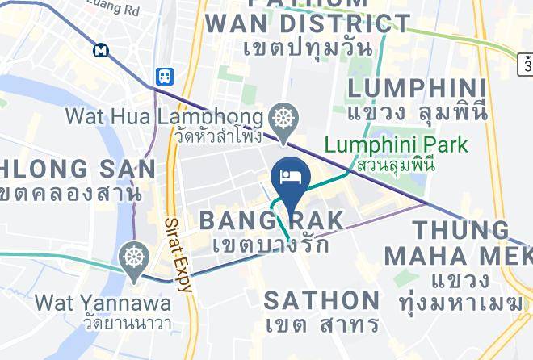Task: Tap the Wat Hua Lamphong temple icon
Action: pyautogui.click(x=283, y=118)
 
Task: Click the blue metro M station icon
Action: pyautogui.click(x=101, y=50)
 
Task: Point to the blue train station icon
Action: pyautogui.click(x=164, y=77)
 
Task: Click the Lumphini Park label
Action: pyautogui.click(x=396, y=146)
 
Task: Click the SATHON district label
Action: pyautogui.click(x=322, y=300)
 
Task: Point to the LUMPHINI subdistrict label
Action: pyautogui.click(x=417, y=88)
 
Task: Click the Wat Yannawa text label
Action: pyautogui.click(x=103, y=303)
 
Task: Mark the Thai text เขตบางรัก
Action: pyautogui.click(x=271, y=244)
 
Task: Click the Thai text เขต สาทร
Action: pyautogui.click(x=321, y=325)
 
